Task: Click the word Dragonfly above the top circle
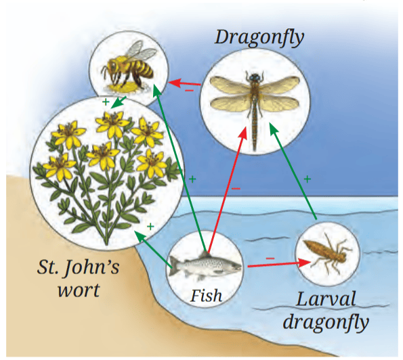click(x=259, y=38)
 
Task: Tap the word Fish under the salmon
click(x=206, y=296)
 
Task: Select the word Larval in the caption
click(x=326, y=299)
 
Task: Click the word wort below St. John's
click(x=79, y=291)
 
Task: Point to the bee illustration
click(x=129, y=67)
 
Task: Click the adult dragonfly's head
click(x=255, y=77)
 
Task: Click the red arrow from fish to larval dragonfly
click(x=279, y=265)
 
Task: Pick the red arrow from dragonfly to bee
click(x=184, y=83)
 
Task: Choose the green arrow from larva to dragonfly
click(x=293, y=171)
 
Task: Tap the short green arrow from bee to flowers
click(x=119, y=102)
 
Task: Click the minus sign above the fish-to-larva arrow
click(x=270, y=258)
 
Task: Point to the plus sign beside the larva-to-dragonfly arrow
click(x=307, y=179)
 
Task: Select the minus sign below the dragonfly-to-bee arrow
click(x=189, y=91)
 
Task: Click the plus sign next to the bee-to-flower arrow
click(x=106, y=102)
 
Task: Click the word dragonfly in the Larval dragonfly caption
click(x=326, y=323)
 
